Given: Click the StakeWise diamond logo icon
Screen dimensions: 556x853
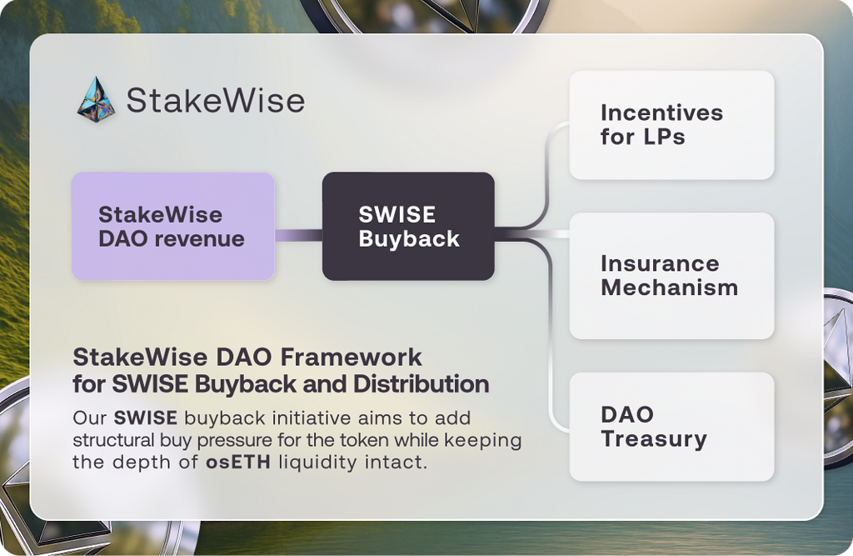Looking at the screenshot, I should point(97,100).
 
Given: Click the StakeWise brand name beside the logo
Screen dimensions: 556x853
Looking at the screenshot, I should point(215,101).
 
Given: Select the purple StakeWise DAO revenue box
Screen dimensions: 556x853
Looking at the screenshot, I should point(172,226).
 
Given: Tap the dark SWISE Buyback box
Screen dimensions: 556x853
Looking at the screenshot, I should point(408,226).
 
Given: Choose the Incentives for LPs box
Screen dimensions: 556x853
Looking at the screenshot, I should point(671,125).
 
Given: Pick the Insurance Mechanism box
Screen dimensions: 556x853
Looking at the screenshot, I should point(671,276).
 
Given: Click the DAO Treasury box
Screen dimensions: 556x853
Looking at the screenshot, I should point(671,427).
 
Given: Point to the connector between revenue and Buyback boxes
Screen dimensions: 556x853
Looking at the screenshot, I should point(298,236).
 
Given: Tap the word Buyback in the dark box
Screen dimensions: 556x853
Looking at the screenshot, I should point(409,239).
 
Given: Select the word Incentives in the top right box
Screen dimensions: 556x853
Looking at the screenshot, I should point(661,113).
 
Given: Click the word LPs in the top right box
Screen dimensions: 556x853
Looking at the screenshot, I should point(663,137).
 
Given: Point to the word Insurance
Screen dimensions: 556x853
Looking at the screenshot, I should point(659,263).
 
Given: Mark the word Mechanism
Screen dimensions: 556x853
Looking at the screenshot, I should point(669,288).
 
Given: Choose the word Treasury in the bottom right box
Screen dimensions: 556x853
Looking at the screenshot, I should point(653,438).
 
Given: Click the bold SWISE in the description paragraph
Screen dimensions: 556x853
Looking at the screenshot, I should point(147,417).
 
